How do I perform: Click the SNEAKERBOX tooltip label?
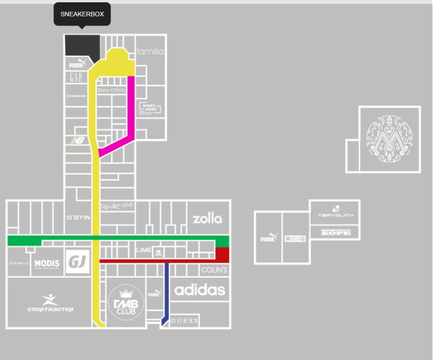[82, 14]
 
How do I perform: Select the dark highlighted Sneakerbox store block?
[81, 45]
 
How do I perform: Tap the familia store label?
[150, 52]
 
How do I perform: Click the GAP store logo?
[76, 77]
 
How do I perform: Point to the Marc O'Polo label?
[112, 90]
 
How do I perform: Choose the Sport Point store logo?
[150, 109]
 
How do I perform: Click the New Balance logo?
[77, 140]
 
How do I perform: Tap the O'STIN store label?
[78, 218]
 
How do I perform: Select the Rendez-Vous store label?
[117, 205]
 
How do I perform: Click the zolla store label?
[207, 219]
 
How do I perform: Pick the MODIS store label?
[47, 263]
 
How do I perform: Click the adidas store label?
[200, 290]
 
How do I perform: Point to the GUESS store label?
[184, 321]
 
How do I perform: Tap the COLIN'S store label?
[214, 270]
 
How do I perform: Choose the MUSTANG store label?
[295, 239]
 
